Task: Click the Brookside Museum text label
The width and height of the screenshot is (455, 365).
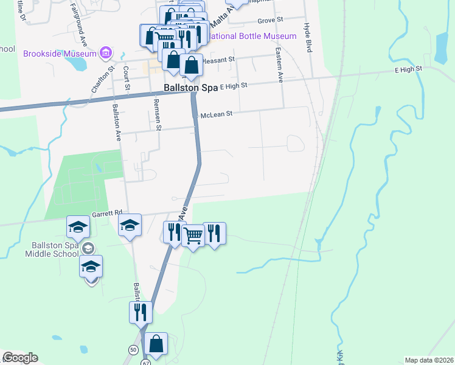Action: point(60,54)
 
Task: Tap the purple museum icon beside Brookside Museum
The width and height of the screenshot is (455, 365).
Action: point(106,53)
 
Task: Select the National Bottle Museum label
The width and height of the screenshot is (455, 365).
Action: point(253,36)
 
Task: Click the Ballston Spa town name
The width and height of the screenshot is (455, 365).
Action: point(191,88)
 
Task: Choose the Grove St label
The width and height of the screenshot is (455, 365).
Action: point(271,20)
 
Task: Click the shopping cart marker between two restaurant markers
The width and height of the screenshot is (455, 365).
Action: point(193,235)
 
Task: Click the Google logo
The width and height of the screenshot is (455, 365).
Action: point(20,358)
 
